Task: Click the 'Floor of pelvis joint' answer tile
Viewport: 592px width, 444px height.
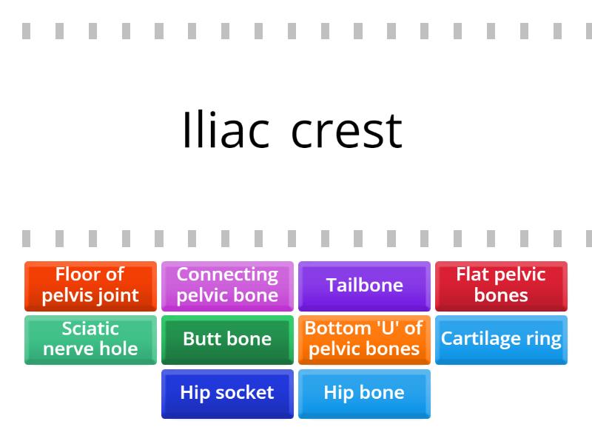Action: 90,285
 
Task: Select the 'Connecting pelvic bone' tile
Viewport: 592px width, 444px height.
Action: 227,285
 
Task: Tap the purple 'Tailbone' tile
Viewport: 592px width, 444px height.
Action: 364,285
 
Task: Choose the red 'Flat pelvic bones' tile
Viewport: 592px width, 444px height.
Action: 501,285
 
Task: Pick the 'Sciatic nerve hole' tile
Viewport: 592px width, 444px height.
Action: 90,339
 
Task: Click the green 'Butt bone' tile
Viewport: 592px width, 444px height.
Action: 227,339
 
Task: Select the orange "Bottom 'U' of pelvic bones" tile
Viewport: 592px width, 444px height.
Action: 364,339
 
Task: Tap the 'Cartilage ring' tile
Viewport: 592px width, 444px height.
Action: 501,339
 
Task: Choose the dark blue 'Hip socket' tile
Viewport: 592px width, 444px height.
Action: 227,393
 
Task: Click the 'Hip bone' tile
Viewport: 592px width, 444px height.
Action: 364,393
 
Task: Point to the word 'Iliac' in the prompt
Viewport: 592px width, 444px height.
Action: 225,131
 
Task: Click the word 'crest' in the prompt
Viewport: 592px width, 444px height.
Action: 346,131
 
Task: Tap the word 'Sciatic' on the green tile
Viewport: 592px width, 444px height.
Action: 90,329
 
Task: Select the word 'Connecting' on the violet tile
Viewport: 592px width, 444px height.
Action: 227,275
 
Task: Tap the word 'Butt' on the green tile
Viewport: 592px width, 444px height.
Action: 200,339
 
